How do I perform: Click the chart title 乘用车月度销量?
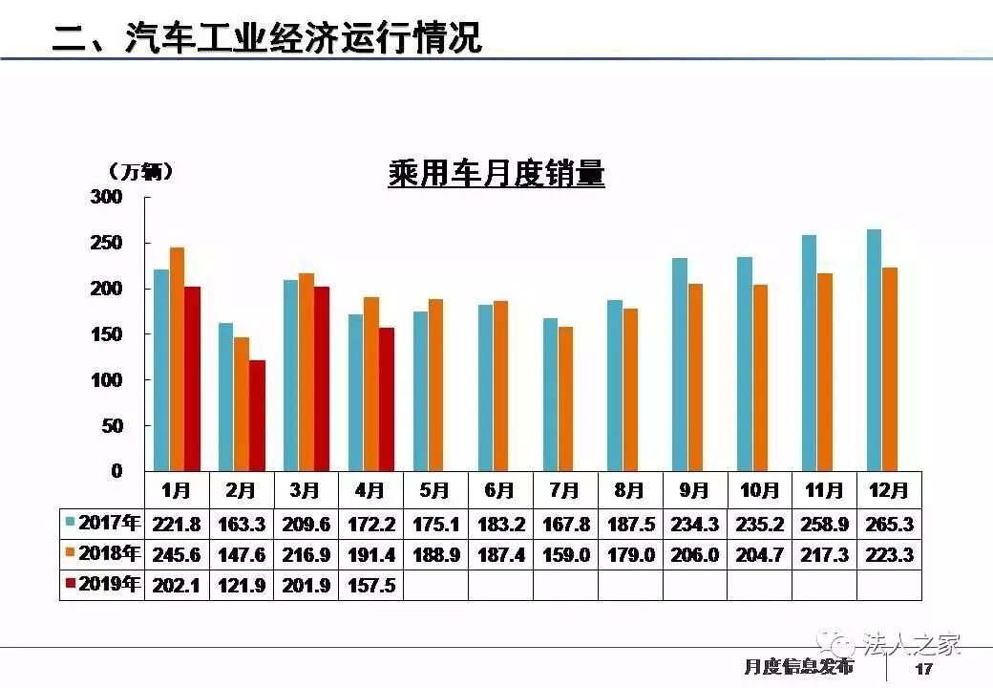tap(496, 174)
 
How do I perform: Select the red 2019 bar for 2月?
tap(257, 416)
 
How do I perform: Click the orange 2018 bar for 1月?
tap(177, 359)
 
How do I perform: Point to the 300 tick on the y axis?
tap(107, 197)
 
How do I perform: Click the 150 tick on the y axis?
tap(107, 334)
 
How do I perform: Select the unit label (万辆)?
tap(141, 171)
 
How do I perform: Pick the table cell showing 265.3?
tap(889, 525)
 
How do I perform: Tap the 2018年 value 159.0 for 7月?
tap(565, 555)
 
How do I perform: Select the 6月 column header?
tap(500, 491)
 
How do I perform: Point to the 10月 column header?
tap(759, 491)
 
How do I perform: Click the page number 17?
tap(922, 669)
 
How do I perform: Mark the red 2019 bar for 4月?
tap(387, 399)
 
